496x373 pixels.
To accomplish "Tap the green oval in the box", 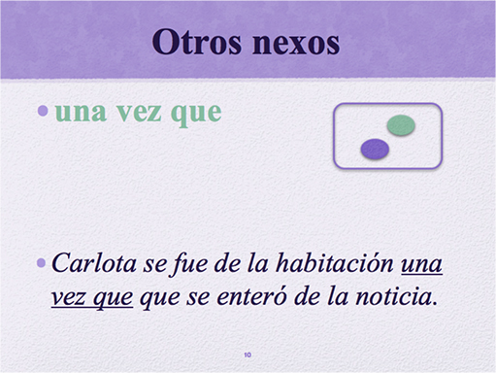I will click(x=401, y=124).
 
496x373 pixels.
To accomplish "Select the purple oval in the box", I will click(x=375, y=149).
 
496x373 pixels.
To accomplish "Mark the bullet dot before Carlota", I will click(x=40, y=262).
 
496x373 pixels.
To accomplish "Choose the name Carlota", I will click(x=89, y=263).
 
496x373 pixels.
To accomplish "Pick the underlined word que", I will click(x=113, y=296).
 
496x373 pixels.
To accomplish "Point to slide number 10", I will click(x=248, y=356).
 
